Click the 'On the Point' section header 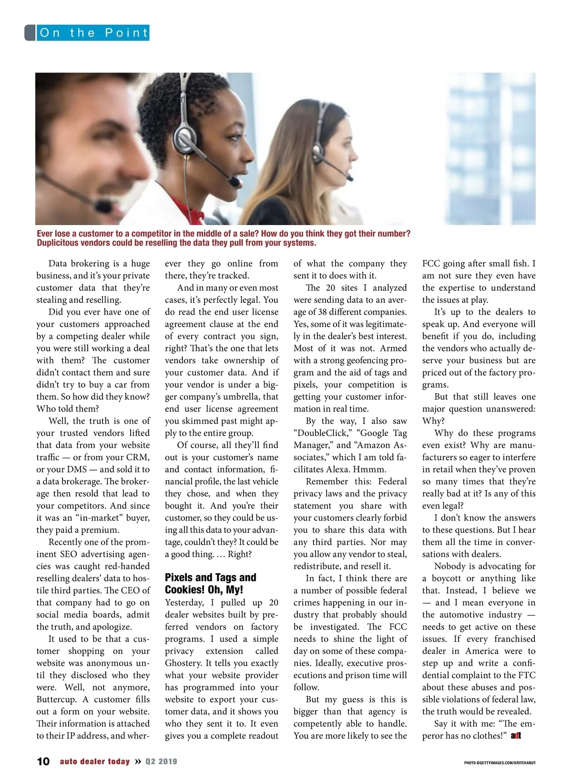(x=93, y=33)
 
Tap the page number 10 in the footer (x=43, y=761)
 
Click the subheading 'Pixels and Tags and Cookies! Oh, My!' (x=211, y=584)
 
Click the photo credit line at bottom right (x=500, y=763)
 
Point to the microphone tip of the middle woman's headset (x=234, y=182)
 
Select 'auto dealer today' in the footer (x=95, y=761)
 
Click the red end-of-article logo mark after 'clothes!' (x=516, y=736)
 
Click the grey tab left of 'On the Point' (x=30, y=33)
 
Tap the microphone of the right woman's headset (x=350, y=179)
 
